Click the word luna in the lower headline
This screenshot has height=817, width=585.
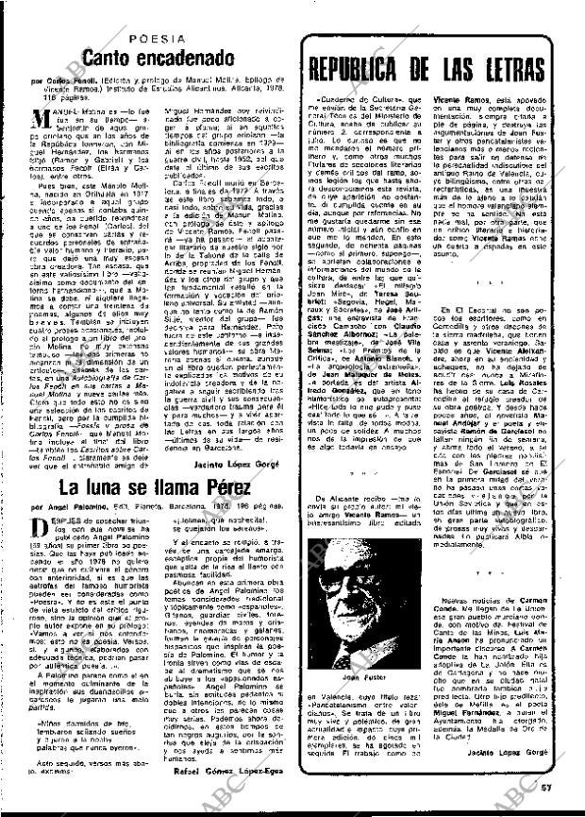[x=106, y=488]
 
